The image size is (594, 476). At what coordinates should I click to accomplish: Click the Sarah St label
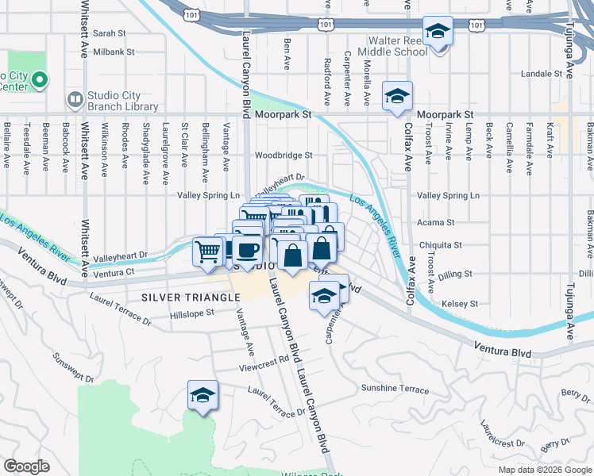110,33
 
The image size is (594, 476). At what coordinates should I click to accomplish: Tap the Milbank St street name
114,52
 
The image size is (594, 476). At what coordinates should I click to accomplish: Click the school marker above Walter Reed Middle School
437,32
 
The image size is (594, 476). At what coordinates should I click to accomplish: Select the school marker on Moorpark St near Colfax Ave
397,97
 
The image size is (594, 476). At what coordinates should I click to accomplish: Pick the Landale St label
542,74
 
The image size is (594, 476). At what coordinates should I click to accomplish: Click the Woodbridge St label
283,155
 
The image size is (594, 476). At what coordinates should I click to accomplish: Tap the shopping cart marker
207,251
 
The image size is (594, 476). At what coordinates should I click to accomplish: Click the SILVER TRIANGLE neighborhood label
191,297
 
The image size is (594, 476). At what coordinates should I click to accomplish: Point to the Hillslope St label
192,313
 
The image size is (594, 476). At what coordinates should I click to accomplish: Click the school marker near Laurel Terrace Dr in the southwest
202,395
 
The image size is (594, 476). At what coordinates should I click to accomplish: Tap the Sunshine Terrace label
395,390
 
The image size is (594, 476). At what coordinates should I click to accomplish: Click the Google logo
26,466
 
